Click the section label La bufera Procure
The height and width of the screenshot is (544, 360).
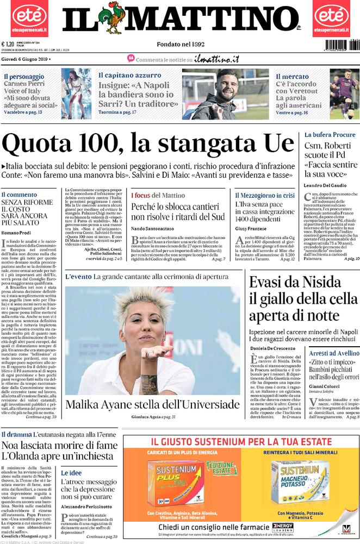tap(330, 134)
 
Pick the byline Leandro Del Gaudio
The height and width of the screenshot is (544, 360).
tap(325, 186)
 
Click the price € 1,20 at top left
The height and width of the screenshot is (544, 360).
tap(8, 45)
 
